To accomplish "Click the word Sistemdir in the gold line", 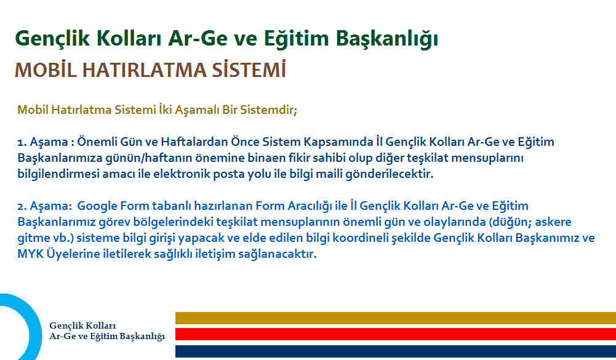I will pos(267,111).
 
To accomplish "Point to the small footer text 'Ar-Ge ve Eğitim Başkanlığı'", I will pos(107,336).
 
